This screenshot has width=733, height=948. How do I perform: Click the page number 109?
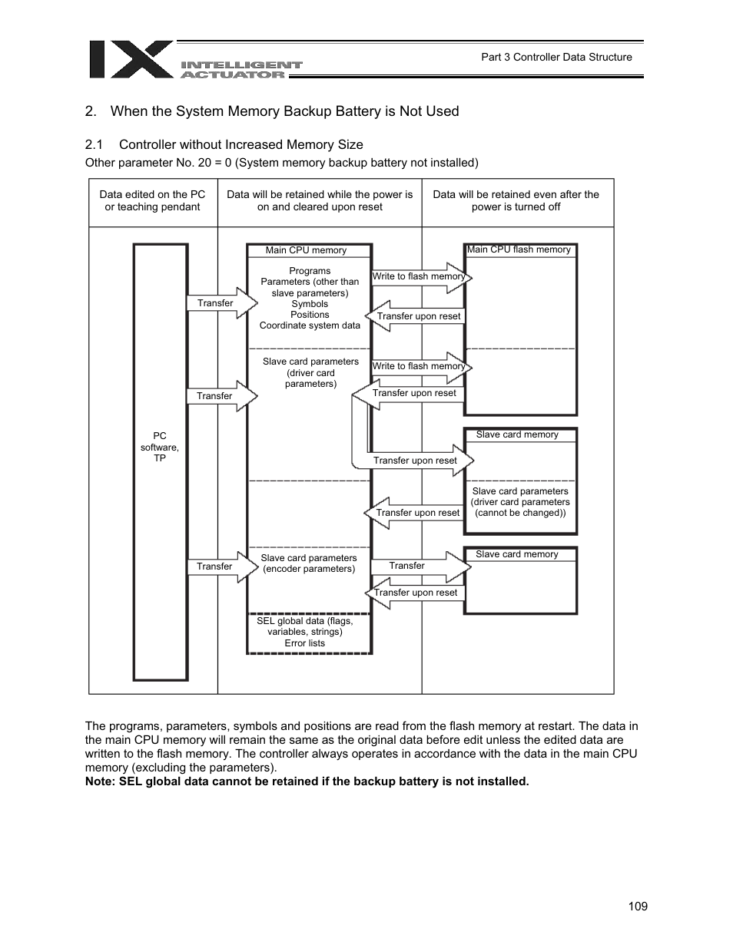(x=637, y=906)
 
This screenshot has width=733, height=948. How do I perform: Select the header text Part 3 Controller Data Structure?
(x=556, y=57)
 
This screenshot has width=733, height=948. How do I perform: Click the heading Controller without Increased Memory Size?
(x=240, y=144)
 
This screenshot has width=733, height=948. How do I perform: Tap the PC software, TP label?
(x=160, y=447)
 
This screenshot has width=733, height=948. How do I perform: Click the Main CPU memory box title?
(x=306, y=250)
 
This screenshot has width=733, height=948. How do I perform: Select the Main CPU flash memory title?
(x=519, y=249)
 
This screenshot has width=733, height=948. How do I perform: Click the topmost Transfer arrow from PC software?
(x=220, y=303)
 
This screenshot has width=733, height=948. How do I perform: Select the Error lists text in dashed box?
(x=305, y=643)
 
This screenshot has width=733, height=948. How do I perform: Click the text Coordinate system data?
(x=310, y=325)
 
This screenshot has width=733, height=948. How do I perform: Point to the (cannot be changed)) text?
(x=520, y=513)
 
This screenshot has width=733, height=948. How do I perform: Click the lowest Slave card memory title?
(x=517, y=554)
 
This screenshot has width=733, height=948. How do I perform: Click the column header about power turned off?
(x=516, y=200)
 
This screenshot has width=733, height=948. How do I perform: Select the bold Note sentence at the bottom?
(x=307, y=781)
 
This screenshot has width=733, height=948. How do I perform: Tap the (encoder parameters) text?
(x=309, y=569)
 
